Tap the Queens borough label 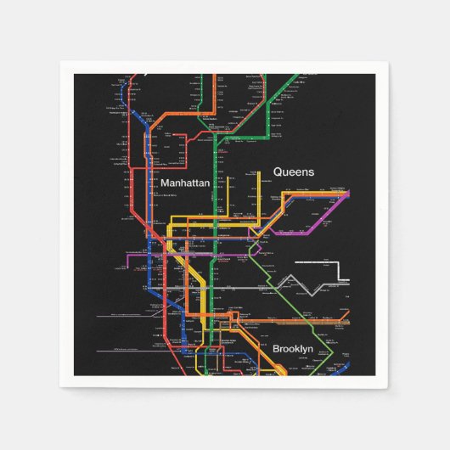point(294,172)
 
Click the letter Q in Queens point(278,172)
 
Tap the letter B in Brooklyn point(277,349)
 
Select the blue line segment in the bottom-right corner point(340,369)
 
